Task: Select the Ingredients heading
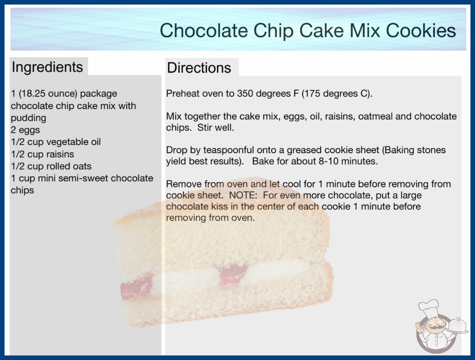coord(47,67)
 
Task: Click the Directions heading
coord(199,68)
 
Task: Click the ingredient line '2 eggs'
coord(25,130)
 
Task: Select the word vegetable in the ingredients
coord(64,142)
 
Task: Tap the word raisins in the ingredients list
coord(60,154)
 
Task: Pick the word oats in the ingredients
coord(82,166)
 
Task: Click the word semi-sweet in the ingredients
coord(79,178)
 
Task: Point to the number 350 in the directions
coord(245,94)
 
